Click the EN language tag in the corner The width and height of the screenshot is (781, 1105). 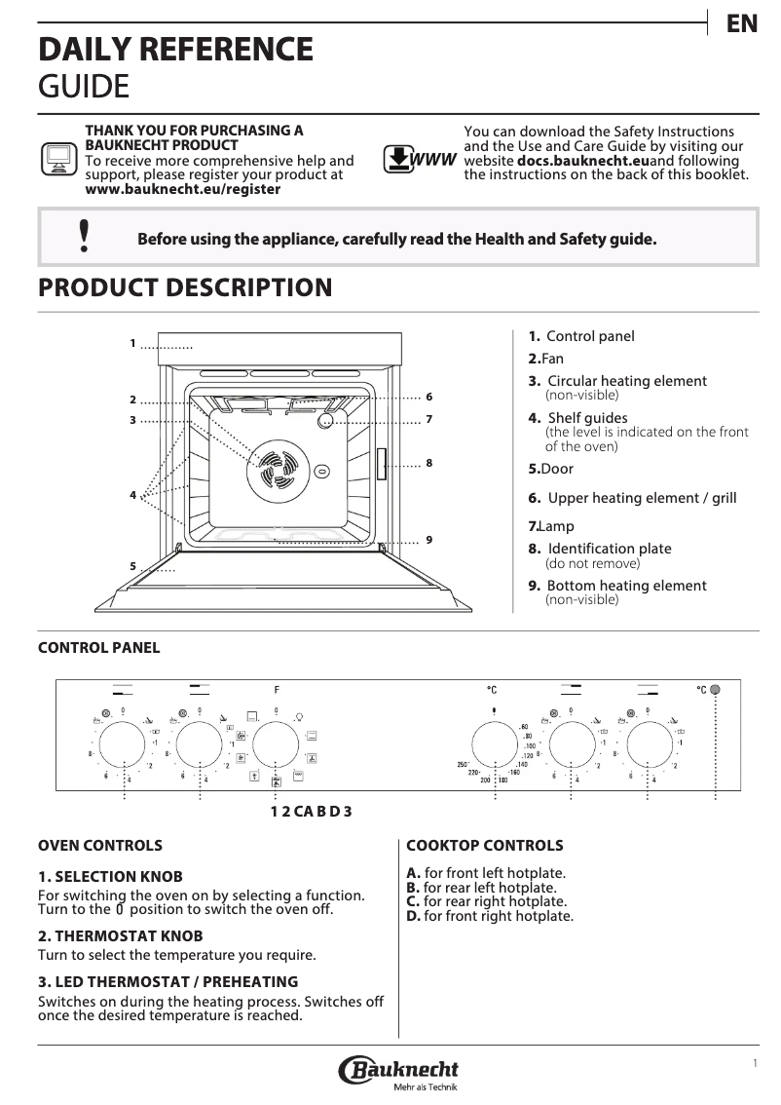click(742, 24)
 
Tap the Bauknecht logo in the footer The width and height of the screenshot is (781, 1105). click(398, 1071)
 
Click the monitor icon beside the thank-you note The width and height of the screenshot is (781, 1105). click(58, 158)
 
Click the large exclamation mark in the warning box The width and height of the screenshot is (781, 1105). click(85, 236)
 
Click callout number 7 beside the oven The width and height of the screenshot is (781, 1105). click(428, 419)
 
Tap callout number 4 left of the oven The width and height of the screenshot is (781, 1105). click(132, 496)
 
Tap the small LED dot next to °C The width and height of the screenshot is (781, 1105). click(716, 690)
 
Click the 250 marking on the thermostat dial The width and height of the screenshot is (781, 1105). click(464, 764)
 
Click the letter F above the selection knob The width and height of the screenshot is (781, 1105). click(277, 690)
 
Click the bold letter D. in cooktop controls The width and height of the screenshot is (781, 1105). click(413, 916)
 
